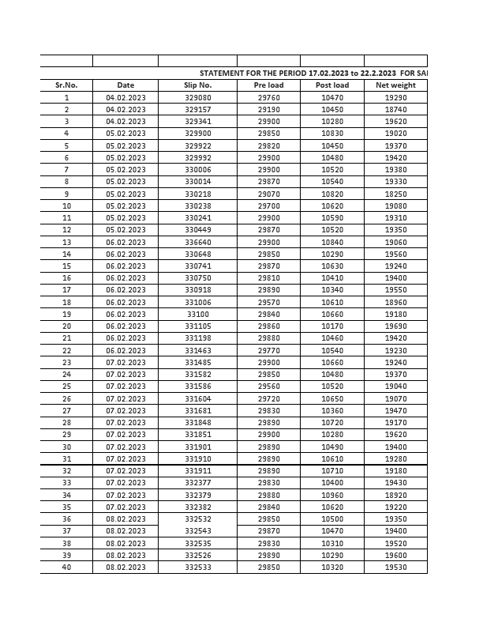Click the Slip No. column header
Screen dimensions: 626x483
(x=198, y=85)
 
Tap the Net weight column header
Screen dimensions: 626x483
(x=395, y=85)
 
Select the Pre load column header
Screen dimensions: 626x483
(x=268, y=85)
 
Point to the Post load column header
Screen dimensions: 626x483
(x=331, y=85)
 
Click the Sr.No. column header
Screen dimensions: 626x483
(x=66, y=85)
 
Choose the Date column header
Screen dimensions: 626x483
(x=125, y=85)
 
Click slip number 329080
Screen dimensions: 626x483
(x=198, y=97)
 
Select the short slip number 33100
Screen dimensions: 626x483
(x=198, y=314)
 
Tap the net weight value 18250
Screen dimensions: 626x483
(x=395, y=194)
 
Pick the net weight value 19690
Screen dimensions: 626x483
(x=395, y=326)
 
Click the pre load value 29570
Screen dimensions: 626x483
(x=268, y=302)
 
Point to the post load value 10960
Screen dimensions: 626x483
(x=331, y=495)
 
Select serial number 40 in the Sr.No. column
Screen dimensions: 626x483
(x=66, y=568)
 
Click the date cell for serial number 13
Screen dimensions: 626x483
(x=125, y=242)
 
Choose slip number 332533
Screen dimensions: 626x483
(x=198, y=568)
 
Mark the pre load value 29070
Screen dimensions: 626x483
(x=268, y=194)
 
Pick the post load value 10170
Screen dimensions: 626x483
(x=331, y=326)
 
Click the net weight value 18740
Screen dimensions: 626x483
(x=395, y=110)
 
